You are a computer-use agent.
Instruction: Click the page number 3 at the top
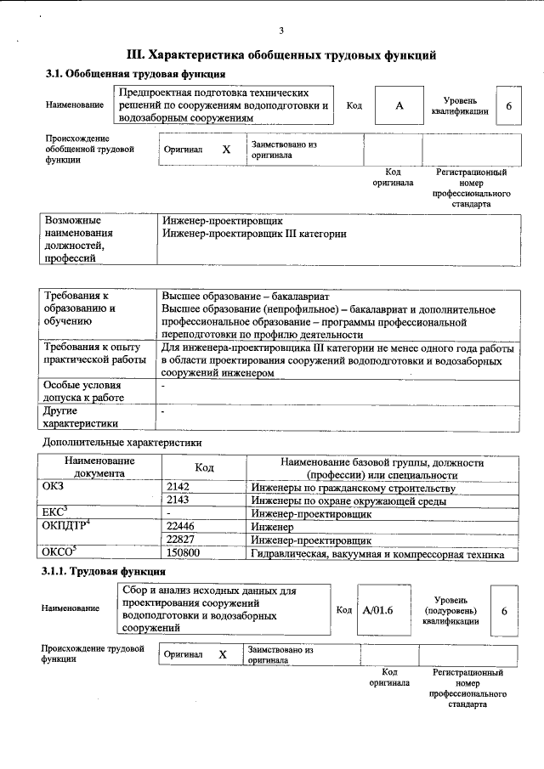click(x=280, y=31)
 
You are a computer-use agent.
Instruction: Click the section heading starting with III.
click(x=281, y=55)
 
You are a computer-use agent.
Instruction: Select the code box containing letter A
click(x=398, y=106)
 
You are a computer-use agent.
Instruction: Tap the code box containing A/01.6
click(x=377, y=610)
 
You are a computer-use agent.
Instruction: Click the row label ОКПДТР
click(x=65, y=527)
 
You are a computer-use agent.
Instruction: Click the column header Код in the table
click(x=204, y=467)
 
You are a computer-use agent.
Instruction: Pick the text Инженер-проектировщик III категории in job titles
click(x=254, y=234)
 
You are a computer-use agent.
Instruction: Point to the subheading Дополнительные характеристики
click(x=122, y=443)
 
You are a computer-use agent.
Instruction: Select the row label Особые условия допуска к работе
click(x=83, y=391)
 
